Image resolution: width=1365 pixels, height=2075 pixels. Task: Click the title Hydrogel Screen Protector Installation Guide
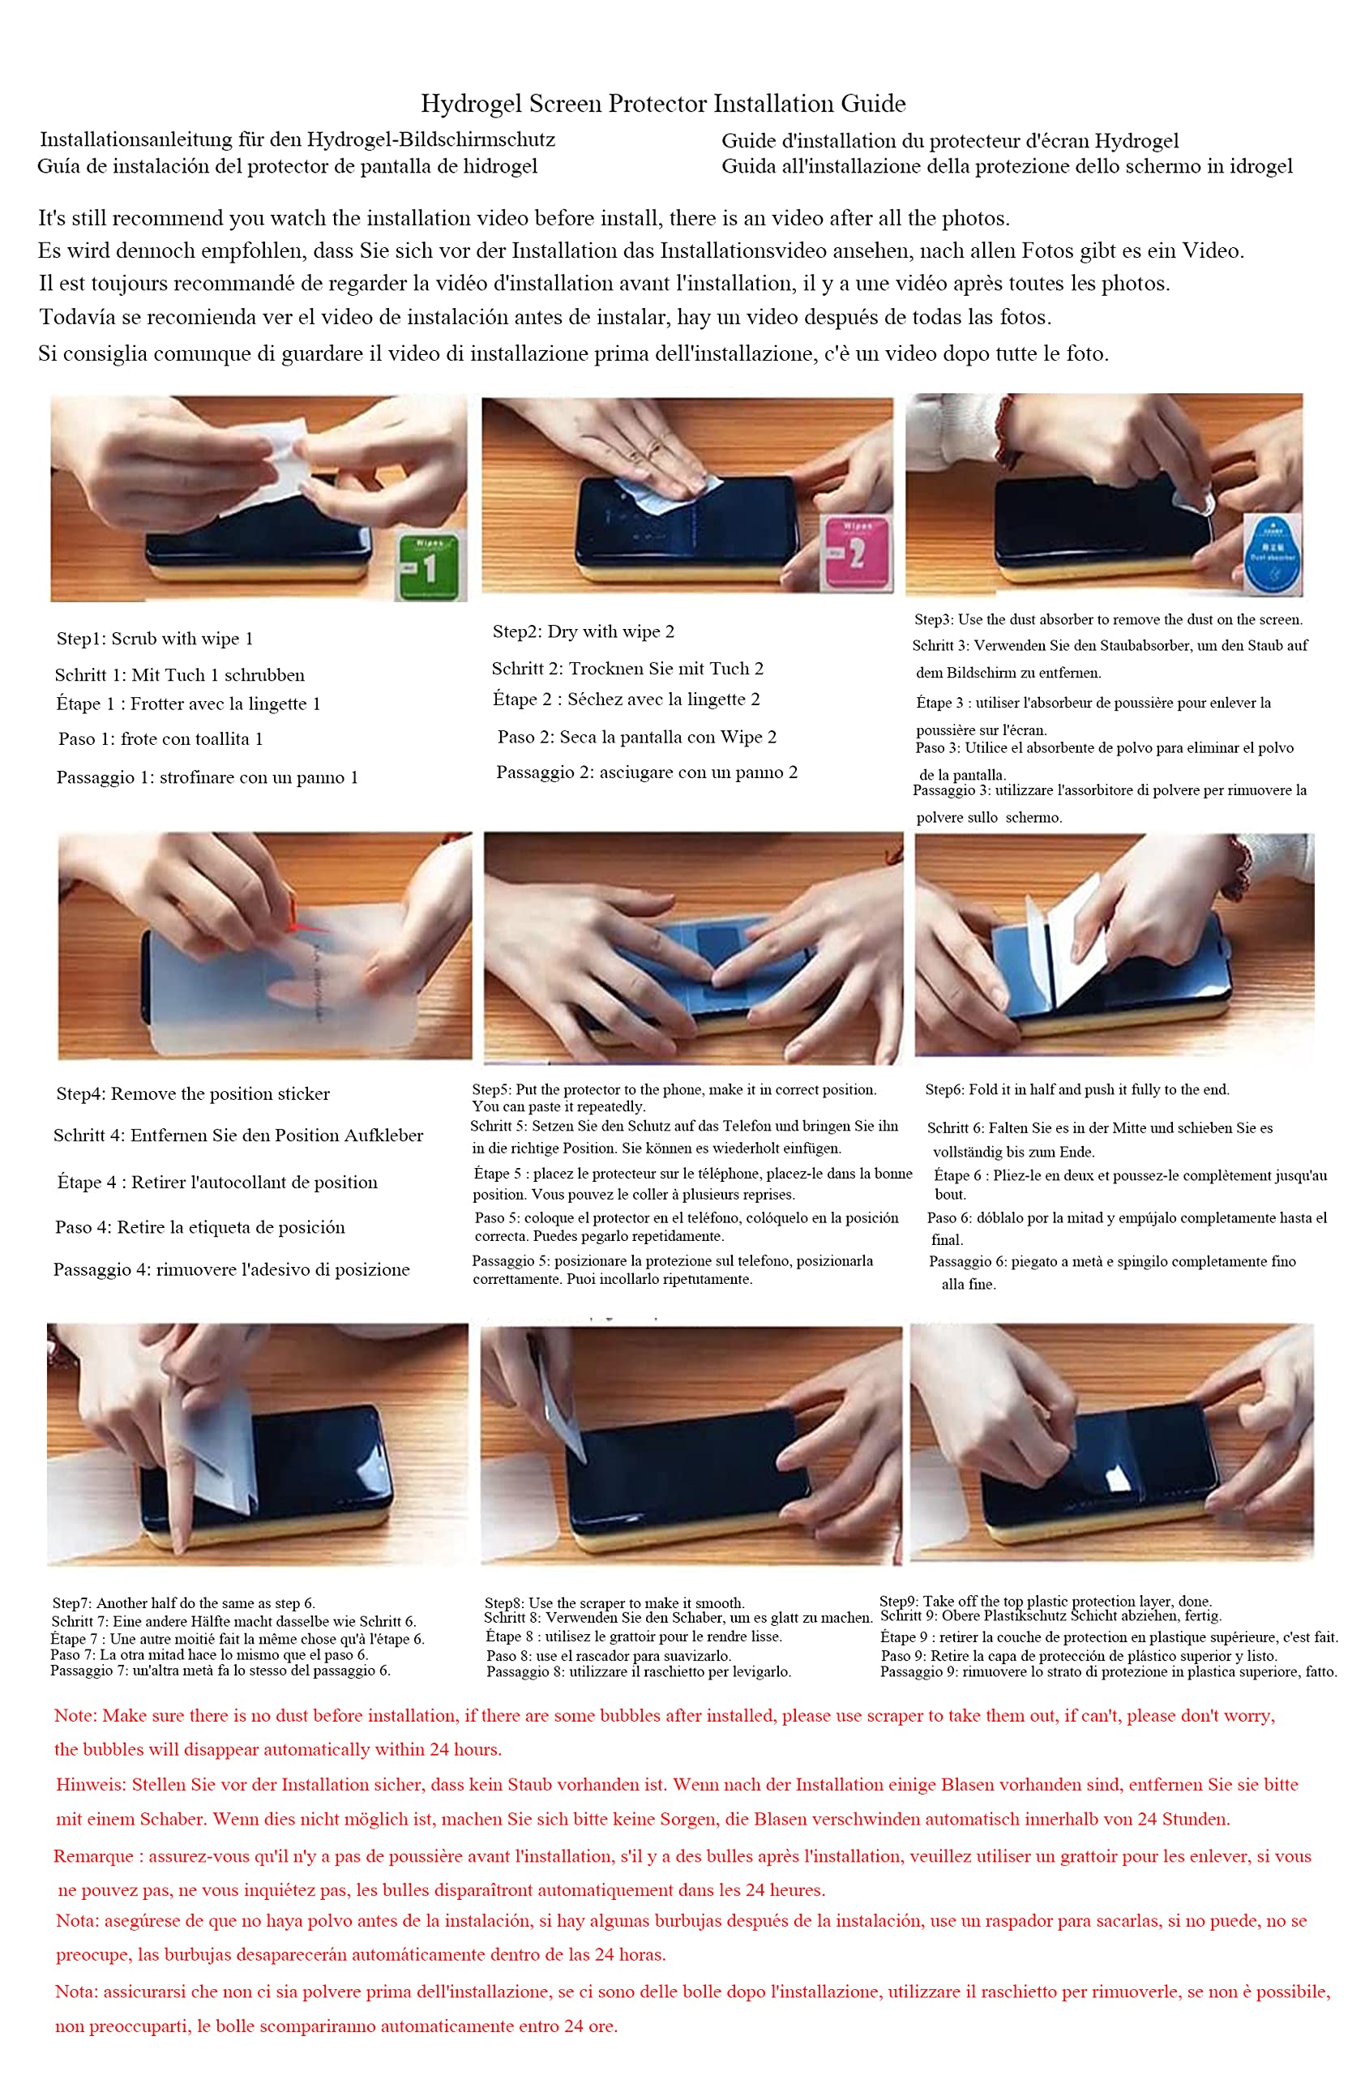pos(663,104)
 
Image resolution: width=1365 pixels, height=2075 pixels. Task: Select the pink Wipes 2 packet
pos(856,552)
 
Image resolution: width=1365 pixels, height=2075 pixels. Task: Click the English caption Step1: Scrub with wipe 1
pos(155,638)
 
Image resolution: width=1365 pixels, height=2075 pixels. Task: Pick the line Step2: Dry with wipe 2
pos(583,631)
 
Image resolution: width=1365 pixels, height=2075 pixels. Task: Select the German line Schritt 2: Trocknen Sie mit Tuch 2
pos(627,668)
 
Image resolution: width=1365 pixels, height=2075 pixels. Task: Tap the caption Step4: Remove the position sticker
pos(194,1093)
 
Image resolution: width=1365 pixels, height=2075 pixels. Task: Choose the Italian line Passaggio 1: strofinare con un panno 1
pos(208,777)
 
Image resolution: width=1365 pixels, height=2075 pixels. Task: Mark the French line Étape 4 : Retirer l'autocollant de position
pos(218,1183)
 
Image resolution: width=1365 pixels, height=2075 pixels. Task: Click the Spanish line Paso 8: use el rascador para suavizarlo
pos(609,1656)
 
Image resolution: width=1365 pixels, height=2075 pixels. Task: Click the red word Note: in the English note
pos(76,1715)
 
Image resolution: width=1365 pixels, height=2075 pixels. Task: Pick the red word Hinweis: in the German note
pos(92,1784)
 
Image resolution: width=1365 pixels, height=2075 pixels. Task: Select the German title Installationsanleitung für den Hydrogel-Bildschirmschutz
pos(297,139)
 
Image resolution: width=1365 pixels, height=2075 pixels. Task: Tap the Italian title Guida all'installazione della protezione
pos(1007,165)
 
